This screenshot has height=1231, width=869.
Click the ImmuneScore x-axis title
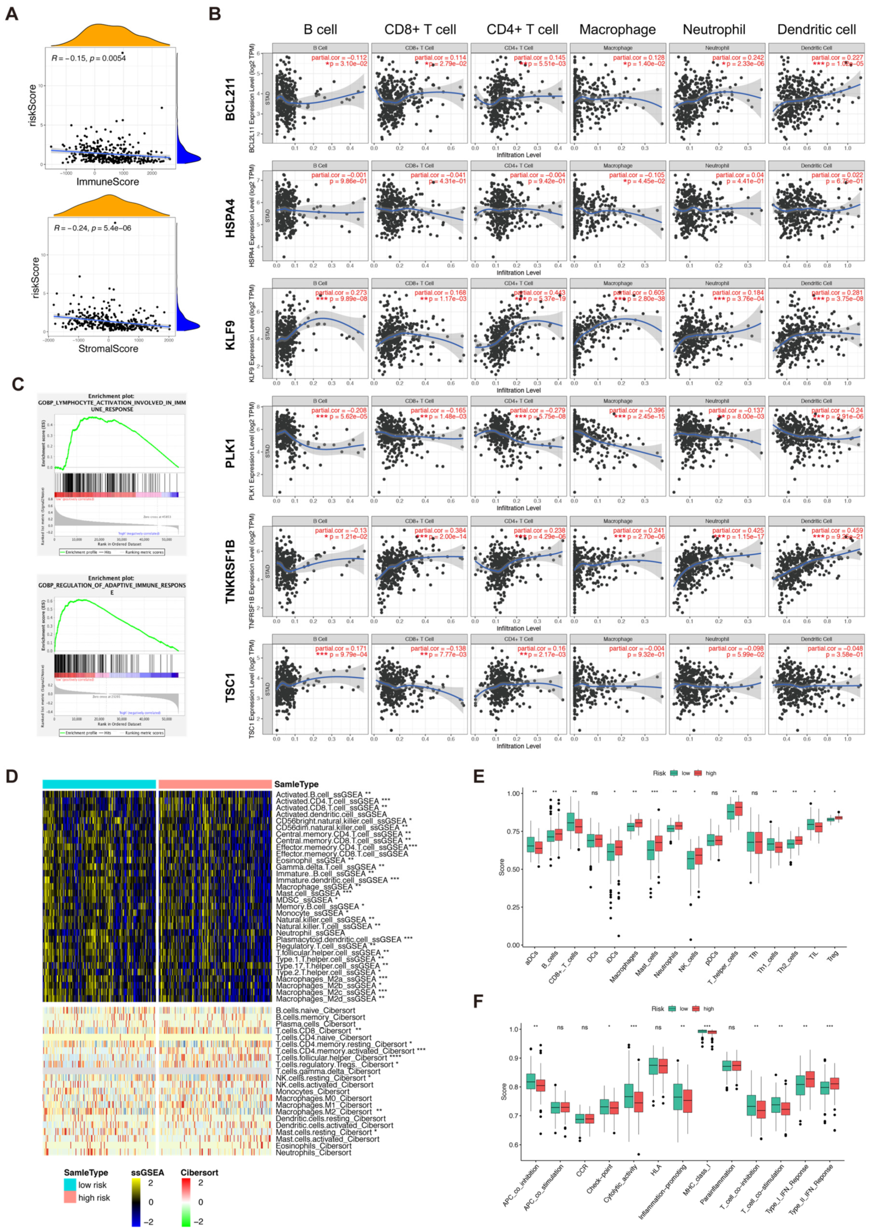[x=108, y=182]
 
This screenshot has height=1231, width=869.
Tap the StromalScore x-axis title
[x=108, y=349]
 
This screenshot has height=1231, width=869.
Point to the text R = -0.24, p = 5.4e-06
[x=93, y=228]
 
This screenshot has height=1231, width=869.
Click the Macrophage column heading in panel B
[x=617, y=29]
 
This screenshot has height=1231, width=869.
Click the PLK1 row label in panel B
[x=230, y=454]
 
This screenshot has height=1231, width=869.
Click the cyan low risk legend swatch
[x=70, y=1184]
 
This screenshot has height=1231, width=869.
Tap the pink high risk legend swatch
[x=70, y=1197]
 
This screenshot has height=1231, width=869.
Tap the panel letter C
[x=17, y=384]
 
